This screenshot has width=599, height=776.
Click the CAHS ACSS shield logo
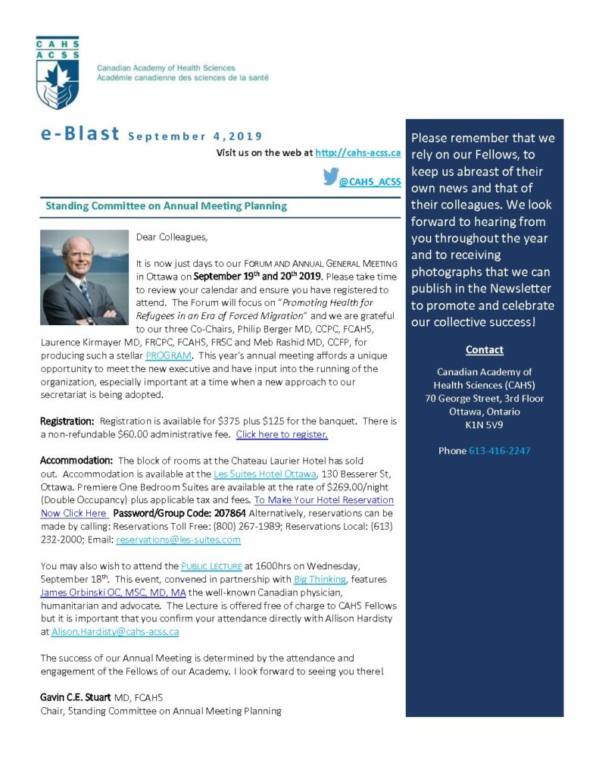tap(58, 73)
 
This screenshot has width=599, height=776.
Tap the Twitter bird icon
tap(329, 177)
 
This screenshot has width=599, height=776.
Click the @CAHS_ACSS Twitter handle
tap(370, 182)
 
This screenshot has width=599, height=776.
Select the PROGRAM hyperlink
tap(169, 355)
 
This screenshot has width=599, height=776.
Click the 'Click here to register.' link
tap(282, 434)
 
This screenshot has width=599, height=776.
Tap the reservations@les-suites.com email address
tap(178, 540)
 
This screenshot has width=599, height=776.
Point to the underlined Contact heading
tap(485, 350)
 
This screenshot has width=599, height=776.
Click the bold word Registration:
tap(67, 421)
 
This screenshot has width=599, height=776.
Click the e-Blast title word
tap(80, 134)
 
